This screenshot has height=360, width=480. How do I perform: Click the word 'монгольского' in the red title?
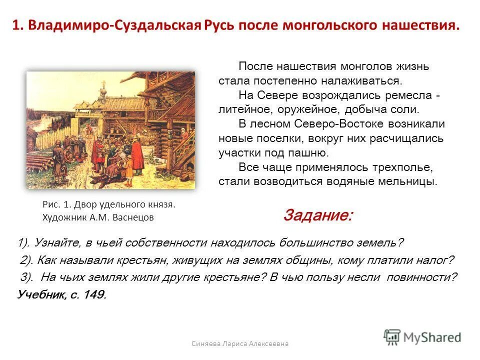coord(338,25)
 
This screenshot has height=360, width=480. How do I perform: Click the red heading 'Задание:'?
coord(317,215)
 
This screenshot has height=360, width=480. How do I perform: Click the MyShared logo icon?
coord(392,336)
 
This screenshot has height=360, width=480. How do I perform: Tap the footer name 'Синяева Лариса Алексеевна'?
coord(240,343)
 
